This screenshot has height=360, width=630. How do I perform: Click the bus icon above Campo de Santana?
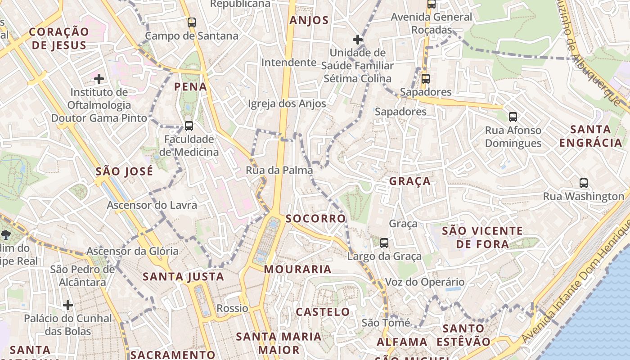[192, 22]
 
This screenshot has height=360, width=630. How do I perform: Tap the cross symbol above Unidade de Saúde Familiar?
[358, 40]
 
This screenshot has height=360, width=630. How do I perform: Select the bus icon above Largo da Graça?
[384, 243]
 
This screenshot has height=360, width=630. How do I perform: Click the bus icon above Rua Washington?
[584, 183]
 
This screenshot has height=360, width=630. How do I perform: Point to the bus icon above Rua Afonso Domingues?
[513, 117]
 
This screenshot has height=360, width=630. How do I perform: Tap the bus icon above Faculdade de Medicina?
[189, 126]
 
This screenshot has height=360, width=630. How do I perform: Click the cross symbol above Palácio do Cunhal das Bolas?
[68, 305]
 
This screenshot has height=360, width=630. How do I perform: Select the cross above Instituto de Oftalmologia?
[99, 79]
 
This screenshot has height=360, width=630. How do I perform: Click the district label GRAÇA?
[410, 181]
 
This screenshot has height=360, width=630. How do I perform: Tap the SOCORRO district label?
[316, 219]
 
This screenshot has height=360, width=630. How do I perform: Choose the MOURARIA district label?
[297, 270]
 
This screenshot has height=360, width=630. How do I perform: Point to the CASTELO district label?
[323, 312]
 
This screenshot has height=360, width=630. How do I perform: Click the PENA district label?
[190, 87]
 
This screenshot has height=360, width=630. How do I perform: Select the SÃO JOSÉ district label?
[124, 171]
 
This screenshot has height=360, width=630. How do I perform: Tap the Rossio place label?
[232, 308]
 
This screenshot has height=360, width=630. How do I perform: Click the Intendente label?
[289, 62]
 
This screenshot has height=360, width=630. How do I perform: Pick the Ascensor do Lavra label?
[152, 205]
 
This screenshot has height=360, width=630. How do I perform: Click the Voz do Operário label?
[425, 282]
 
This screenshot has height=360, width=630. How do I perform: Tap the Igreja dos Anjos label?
[287, 103]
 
